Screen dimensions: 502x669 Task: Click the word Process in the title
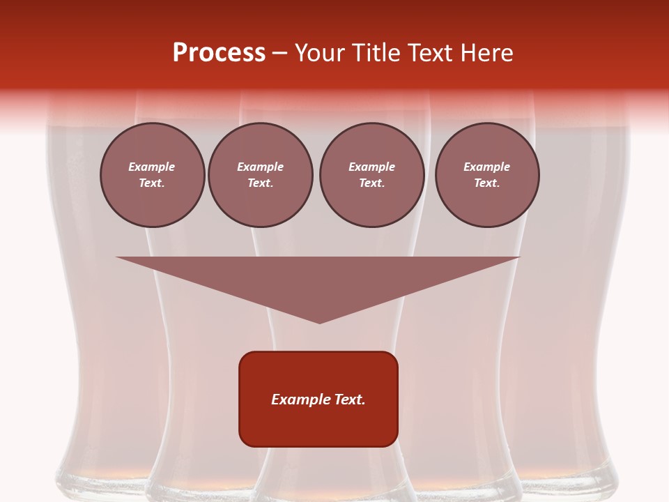pyautogui.click(x=219, y=53)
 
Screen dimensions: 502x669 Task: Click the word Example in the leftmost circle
pyautogui.click(x=152, y=167)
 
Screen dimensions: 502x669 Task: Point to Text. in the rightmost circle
pyautogui.click(x=486, y=183)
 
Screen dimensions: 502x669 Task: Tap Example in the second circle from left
pyautogui.click(x=260, y=167)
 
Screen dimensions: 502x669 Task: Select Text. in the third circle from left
pyautogui.click(x=371, y=183)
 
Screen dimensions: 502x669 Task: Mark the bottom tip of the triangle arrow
pyautogui.click(x=319, y=322)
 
